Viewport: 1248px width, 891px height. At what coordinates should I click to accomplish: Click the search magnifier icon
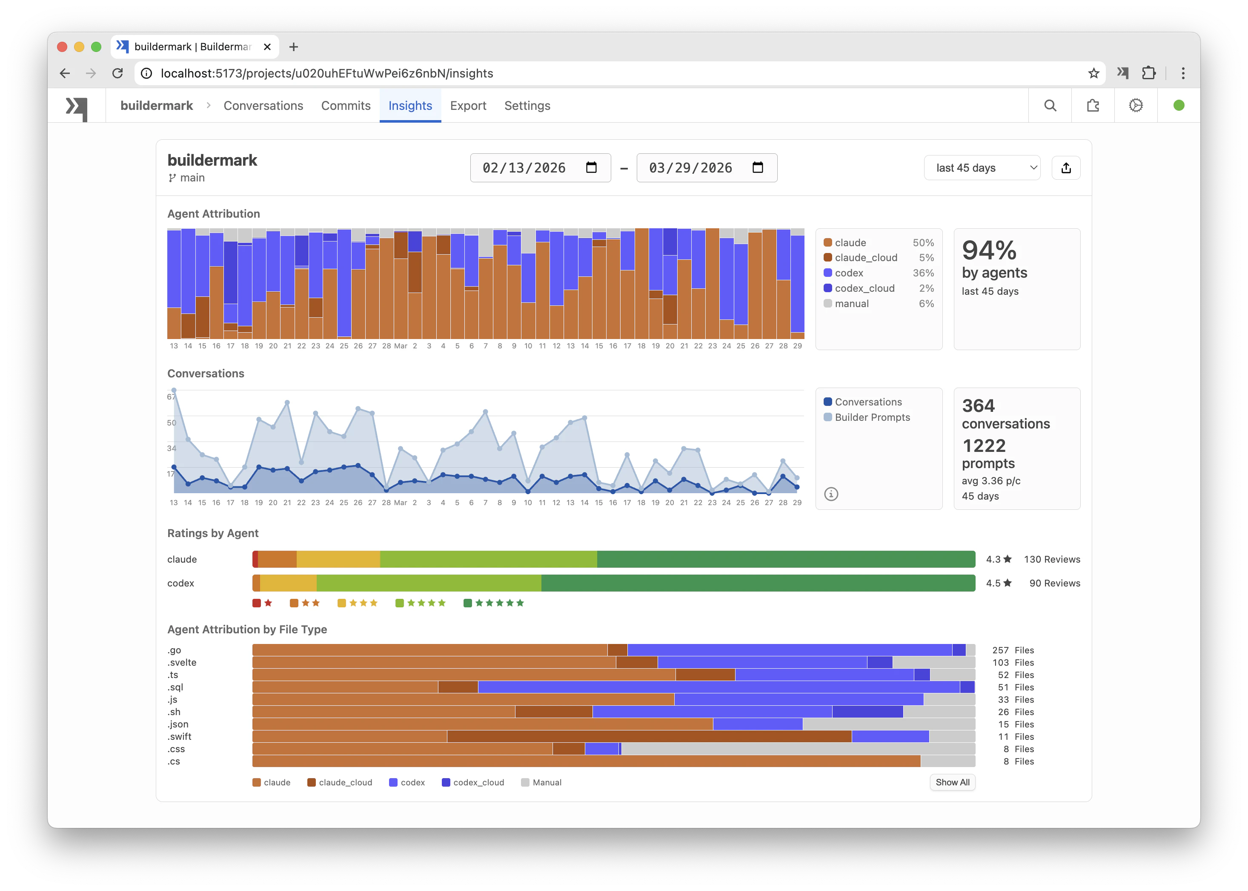tap(1050, 105)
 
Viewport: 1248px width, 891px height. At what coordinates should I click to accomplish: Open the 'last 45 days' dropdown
tap(982, 168)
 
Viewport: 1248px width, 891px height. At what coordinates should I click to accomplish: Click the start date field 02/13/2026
tap(524, 168)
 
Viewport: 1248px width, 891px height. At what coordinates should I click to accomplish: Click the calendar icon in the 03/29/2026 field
tap(757, 167)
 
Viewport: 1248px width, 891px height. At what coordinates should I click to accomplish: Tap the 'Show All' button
tap(952, 782)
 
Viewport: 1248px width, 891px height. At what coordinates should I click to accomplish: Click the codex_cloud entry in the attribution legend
tap(864, 288)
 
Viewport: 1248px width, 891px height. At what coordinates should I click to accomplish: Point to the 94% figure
tap(989, 251)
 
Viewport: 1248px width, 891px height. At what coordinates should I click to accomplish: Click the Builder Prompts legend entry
tap(872, 417)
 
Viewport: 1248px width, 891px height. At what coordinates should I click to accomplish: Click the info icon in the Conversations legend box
tap(831, 494)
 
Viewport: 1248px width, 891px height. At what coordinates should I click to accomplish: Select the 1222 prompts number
tap(984, 445)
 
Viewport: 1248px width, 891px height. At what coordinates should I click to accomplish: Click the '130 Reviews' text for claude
tap(1052, 559)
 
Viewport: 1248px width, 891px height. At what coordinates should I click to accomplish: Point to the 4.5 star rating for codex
tap(998, 583)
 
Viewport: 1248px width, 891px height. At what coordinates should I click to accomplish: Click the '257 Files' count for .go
tap(1013, 650)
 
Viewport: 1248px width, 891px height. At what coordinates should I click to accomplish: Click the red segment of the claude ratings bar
tap(255, 559)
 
